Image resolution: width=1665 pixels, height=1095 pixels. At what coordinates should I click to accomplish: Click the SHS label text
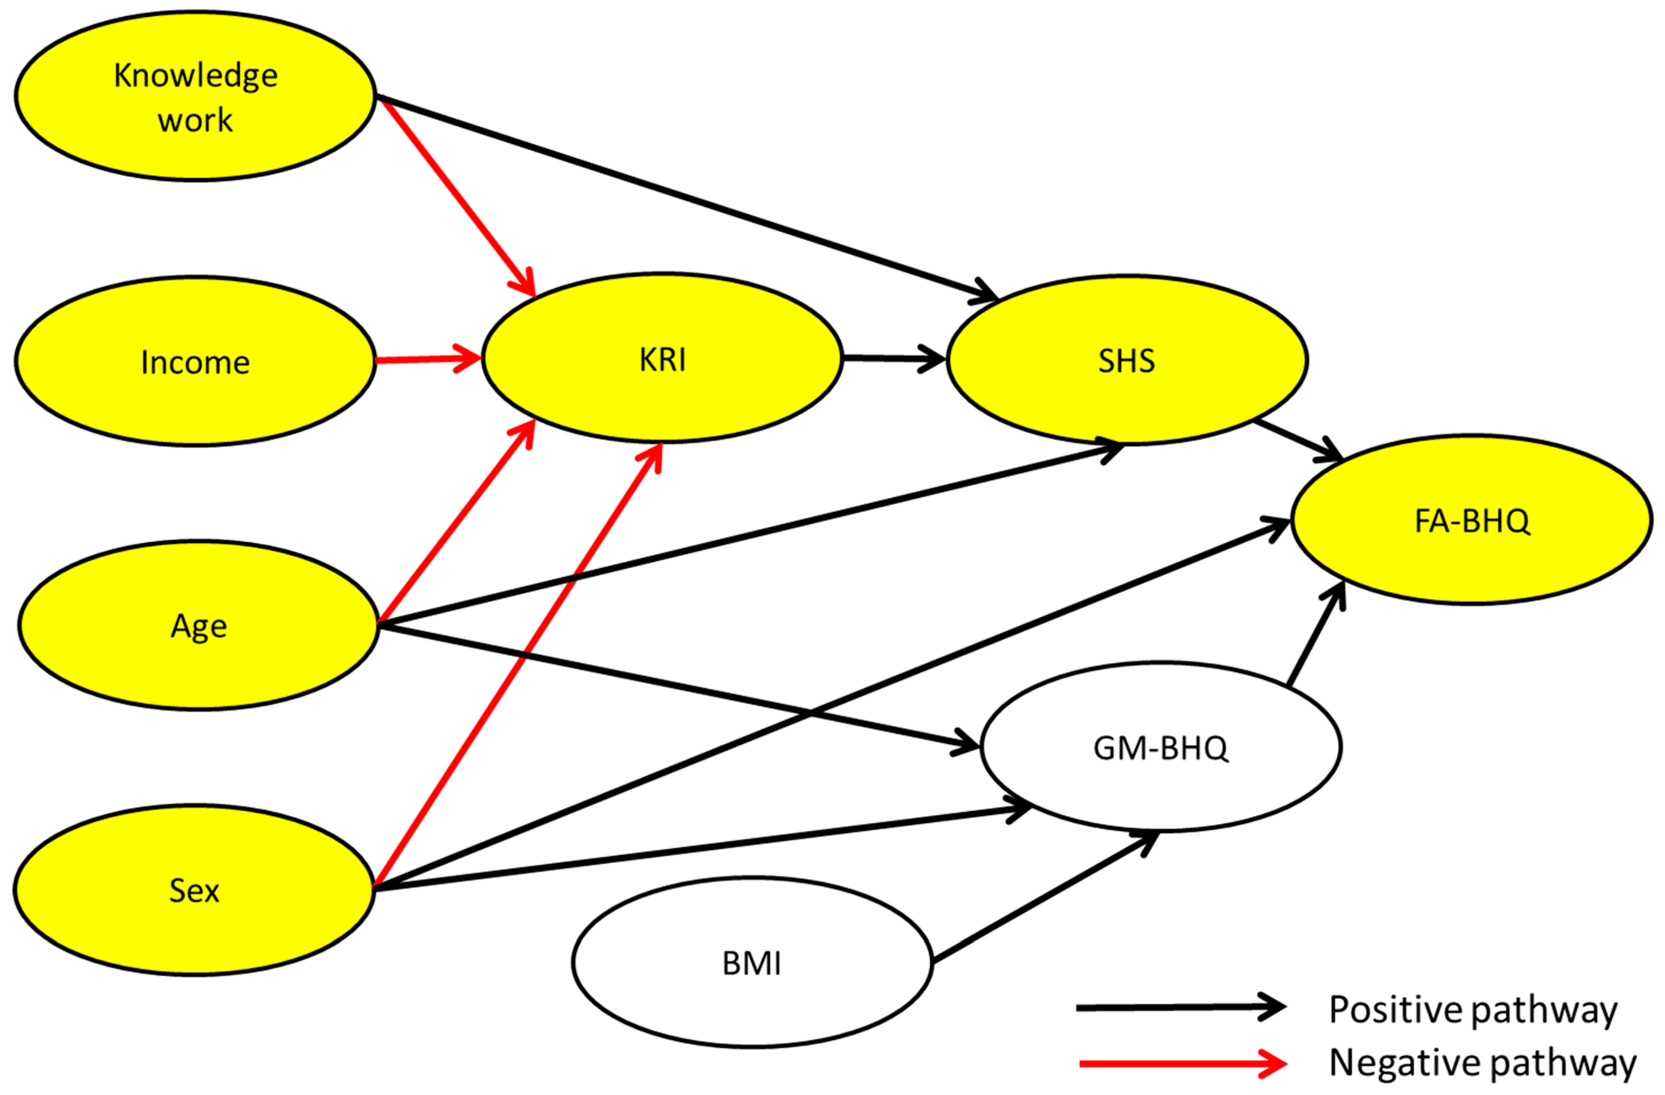(1126, 361)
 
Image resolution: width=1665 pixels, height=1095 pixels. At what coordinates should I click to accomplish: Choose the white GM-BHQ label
(1160, 748)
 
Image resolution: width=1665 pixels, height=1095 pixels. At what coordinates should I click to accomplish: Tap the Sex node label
(195, 891)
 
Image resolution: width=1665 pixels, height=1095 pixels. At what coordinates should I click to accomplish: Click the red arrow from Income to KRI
(427, 360)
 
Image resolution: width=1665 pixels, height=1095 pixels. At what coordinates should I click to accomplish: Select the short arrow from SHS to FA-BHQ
(1298, 441)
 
